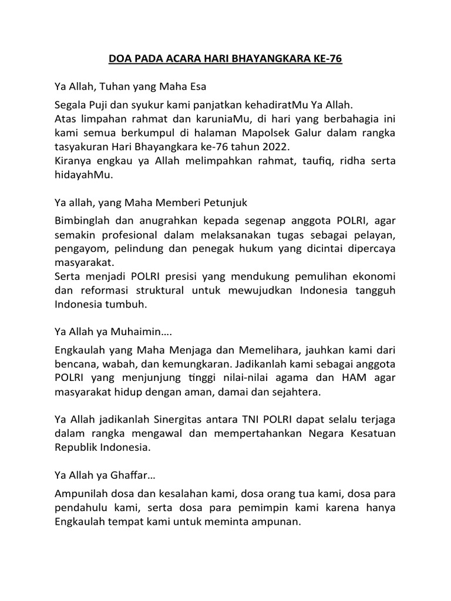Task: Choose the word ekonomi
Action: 373,275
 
